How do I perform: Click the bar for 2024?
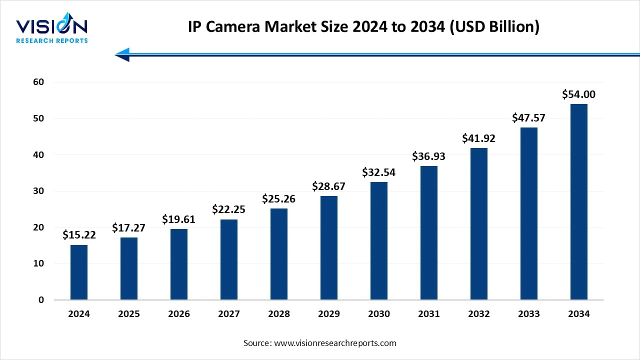[x=79, y=272]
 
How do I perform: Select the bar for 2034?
[x=579, y=202]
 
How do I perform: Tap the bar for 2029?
[x=329, y=248]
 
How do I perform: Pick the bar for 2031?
[x=429, y=233]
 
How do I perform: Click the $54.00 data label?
[x=579, y=94]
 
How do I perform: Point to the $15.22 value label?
[x=79, y=235]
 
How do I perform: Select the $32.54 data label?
[x=379, y=172]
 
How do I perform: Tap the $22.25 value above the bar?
[x=229, y=209]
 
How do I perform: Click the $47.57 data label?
[x=528, y=118]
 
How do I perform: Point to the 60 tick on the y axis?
[x=38, y=82]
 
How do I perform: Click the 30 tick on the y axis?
[x=38, y=191]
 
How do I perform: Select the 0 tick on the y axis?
[x=41, y=300]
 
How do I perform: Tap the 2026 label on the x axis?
[x=179, y=314]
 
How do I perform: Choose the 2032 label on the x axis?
[x=479, y=314]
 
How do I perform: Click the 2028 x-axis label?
[x=279, y=314]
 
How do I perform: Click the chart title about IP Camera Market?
[x=363, y=27]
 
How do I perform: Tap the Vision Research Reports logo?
[x=51, y=30]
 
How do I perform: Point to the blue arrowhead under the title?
[x=122, y=54]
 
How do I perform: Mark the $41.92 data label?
[x=479, y=138]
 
